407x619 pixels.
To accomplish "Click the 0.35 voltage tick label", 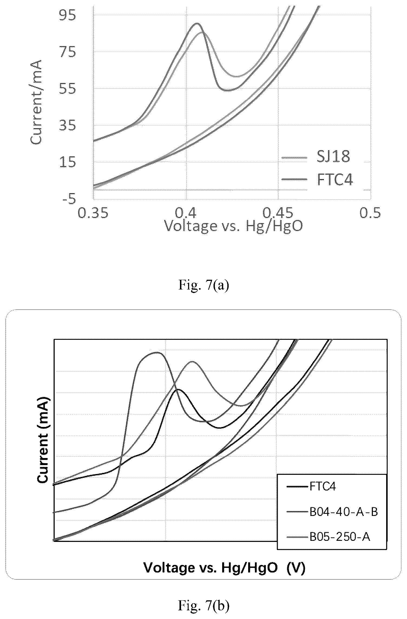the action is [93, 213].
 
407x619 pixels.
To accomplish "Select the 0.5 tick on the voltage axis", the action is [370, 213].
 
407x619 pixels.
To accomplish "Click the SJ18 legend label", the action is [333, 157].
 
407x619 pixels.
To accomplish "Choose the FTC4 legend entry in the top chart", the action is [335, 179].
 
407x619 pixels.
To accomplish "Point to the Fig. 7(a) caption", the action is [203, 285].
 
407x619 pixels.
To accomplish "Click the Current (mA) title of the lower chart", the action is [43, 440].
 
